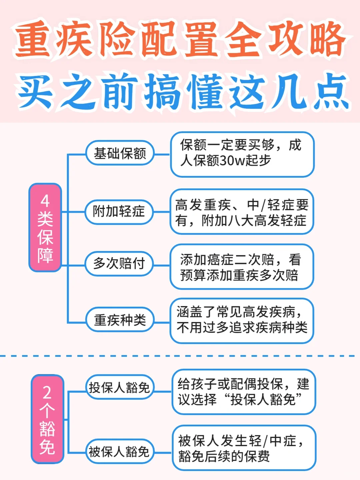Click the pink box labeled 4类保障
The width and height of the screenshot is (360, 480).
(45, 227)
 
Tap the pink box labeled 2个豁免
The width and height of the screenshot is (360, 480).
(47, 419)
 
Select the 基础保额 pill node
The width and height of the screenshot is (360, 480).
(120, 153)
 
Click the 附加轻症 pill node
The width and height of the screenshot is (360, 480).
(119, 211)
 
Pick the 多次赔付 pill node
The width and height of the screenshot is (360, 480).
(119, 263)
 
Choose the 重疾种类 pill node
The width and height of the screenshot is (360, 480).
(120, 320)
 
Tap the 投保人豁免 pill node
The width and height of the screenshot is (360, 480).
(119, 387)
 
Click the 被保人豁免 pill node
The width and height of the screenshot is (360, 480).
(119, 452)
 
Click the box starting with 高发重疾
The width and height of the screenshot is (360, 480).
(242, 212)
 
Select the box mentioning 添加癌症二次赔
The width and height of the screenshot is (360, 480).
(242, 267)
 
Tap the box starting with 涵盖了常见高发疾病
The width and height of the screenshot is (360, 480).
(242, 320)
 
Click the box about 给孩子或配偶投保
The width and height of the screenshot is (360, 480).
(243, 392)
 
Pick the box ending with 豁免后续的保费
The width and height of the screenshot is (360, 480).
(243, 448)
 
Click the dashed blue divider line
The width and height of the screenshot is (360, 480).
(180, 356)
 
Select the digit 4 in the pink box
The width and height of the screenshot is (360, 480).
(45, 201)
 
